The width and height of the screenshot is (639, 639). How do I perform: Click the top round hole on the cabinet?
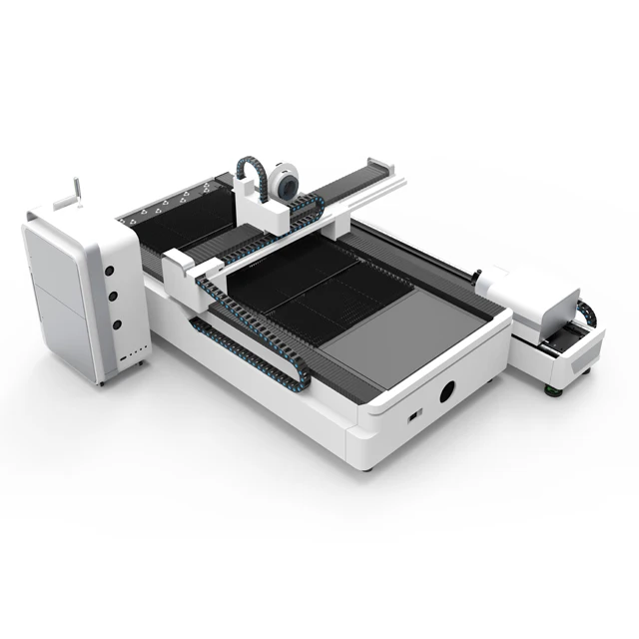(x=110, y=271)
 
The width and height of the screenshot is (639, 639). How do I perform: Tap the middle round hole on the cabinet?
(x=113, y=298)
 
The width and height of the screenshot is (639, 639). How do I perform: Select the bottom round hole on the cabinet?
(x=116, y=324)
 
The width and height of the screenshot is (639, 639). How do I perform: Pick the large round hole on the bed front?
(x=446, y=390)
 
